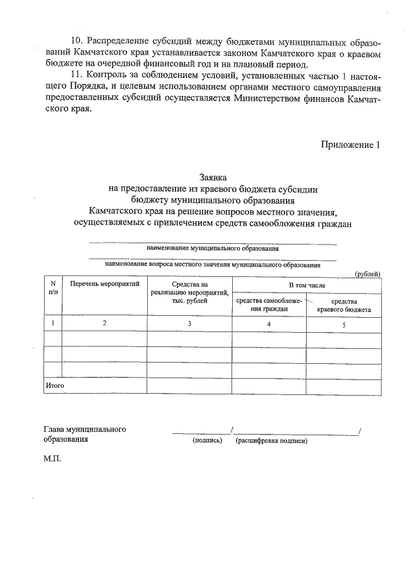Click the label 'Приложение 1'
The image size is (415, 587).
click(x=349, y=145)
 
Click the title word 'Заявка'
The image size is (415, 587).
click(x=213, y=176)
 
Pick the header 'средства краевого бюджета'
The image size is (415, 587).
click(x=344, y=305)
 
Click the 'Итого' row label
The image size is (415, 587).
click(x=54, y=385)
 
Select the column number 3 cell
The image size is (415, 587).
click(x=189, y=323)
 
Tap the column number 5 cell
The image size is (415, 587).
click(x=344, y=324)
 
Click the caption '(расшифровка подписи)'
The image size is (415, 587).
click(x=272, y=440)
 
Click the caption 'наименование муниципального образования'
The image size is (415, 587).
click(x=213, y=248)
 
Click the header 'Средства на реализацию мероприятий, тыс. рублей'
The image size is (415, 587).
click(x=189, y=293)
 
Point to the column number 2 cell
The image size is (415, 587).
click(x=104, y=323)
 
